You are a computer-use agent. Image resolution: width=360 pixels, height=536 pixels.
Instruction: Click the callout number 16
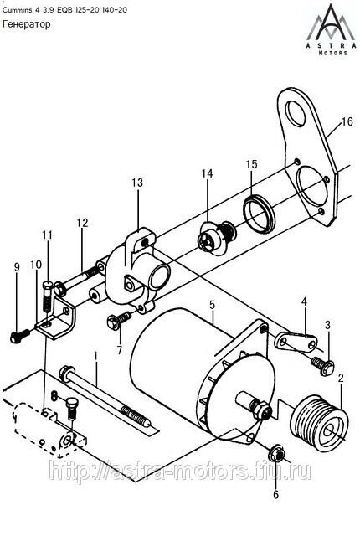click(x=347, y=121)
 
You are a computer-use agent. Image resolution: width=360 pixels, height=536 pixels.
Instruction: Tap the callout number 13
click(x=137, y=183)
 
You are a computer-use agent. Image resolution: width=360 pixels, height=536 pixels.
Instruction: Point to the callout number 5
click(x=213, y=304)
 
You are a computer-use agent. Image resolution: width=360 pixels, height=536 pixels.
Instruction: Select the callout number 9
click(x=17, y=267)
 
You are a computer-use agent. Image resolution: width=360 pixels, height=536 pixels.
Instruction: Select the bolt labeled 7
click(x=119, y=321)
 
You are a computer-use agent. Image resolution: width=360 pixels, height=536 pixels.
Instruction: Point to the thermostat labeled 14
click(x=217, y=238)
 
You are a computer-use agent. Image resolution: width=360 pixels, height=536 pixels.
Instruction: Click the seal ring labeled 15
click(x=260, y=213)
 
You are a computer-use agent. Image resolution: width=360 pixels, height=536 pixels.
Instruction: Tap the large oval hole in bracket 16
click(x=296, y=113)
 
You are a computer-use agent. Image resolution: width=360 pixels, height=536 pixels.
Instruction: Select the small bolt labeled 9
click(x=20, y=335)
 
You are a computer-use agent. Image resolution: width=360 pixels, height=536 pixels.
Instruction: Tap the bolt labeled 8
click(x=71, y=408)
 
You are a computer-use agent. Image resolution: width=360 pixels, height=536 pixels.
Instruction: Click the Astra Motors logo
click(x=330, y=29)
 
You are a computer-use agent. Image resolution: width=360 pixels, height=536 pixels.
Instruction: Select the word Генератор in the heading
click(x=27, y=24)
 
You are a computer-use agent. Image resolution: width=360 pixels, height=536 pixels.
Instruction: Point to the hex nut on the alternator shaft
click(x=261, y=409)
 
